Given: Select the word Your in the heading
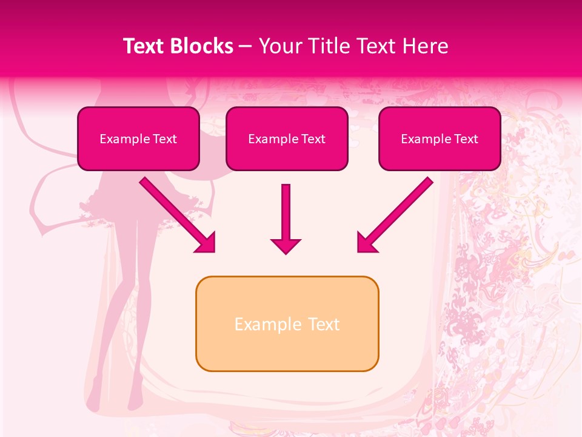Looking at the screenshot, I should click(278, 46).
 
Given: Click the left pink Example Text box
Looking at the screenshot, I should click(138, 139).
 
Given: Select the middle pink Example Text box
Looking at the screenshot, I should click(287, 139).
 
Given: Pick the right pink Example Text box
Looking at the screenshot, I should click(440, 139).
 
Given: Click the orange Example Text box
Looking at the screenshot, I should click(287, 324).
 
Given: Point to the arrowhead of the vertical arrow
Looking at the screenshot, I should click(286, 246).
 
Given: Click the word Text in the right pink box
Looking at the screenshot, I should click(466, 139).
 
